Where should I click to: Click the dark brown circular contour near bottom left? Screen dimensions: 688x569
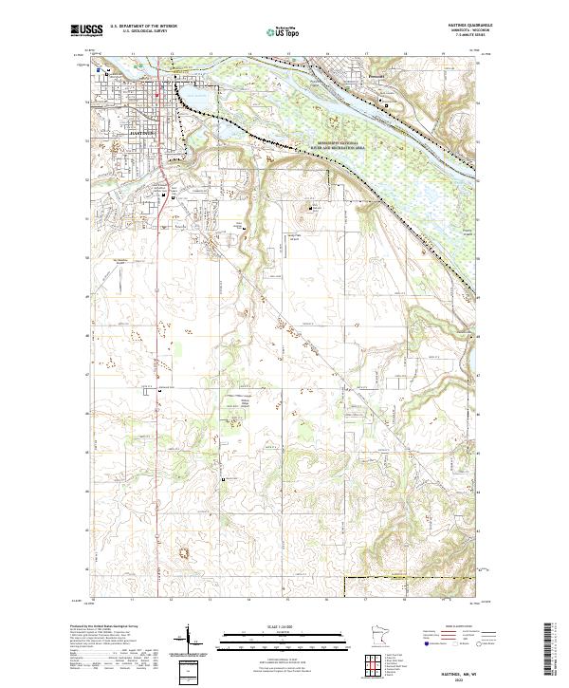(x=180, y=550)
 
